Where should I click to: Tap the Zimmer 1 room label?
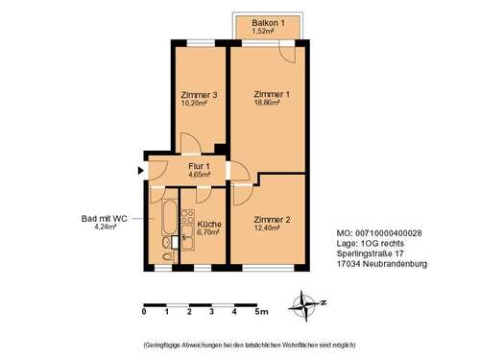pyautogui.click(x=270, y=94)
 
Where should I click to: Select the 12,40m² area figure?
pyautogui.click(x=270, y=228)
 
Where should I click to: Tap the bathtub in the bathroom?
pyautogui.click(x=169, y=223)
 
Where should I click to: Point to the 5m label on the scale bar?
pyautogui.click(x=261, y=312)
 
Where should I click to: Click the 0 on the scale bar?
pyautogui.click(x=143, y=312)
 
